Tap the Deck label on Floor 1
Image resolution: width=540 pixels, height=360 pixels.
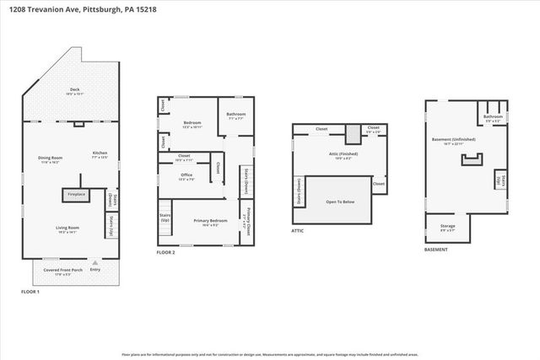[73, 91]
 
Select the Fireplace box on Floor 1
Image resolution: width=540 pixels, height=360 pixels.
[74, 194]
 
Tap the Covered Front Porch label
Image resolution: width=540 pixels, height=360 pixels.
[74, 271]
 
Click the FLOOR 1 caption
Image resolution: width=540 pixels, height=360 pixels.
[33, 292]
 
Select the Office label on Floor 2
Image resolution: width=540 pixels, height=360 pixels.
[187, 177]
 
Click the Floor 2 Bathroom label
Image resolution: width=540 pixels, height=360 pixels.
[236, 116]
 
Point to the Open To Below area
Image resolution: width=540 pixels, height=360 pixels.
[339, 201]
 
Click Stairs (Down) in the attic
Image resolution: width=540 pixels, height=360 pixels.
[298, 194]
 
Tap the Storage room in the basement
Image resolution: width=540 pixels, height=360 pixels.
[448, 227]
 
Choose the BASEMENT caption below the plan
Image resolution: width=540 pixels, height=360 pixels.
[436, 250]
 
